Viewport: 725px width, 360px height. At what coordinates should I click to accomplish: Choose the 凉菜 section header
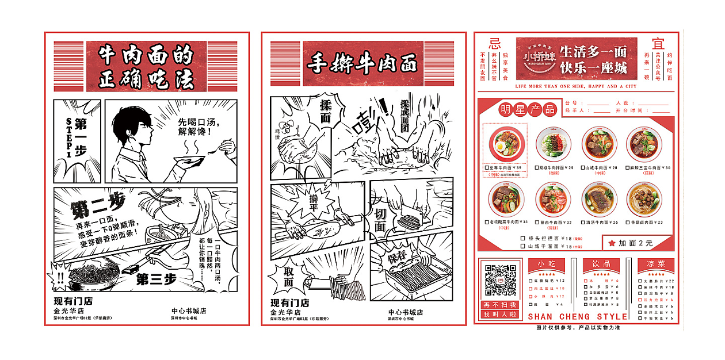coord(655,264)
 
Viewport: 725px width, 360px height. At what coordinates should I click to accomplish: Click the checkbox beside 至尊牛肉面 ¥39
coord(487,168)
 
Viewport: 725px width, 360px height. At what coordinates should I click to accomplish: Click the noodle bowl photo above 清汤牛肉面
coord(598,199)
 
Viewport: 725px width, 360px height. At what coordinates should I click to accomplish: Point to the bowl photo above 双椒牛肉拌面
coord(552,144)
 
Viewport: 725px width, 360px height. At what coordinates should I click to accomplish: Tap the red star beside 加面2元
coord(612,243)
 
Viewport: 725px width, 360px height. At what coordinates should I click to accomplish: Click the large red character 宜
coord(658,44)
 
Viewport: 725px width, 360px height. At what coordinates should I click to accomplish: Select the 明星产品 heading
coord(520,109)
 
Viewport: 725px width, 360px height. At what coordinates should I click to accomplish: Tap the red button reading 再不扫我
coord(500,305)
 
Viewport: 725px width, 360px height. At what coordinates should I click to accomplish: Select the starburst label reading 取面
coord(288,277)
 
